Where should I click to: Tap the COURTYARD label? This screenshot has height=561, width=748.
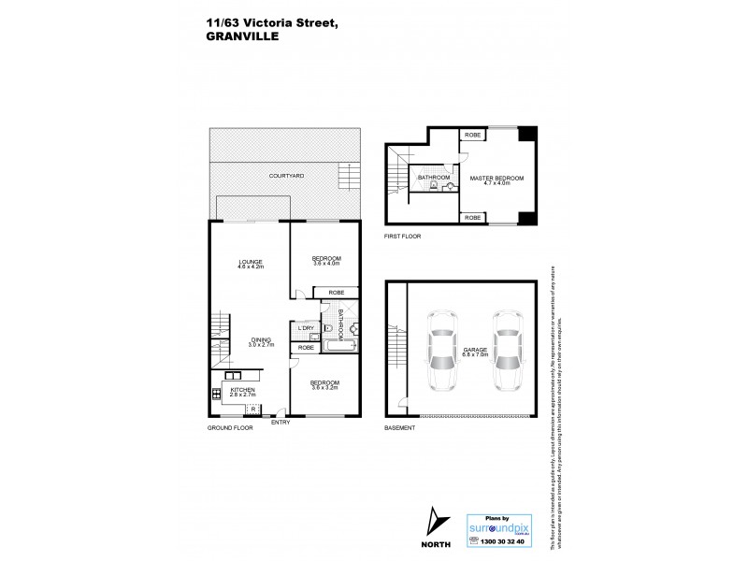pos(286,176)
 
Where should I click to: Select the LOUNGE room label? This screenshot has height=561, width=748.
pos(250,264)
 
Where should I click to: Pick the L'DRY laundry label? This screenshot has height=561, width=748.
pos(305,328)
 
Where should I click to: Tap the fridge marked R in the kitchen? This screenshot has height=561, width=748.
pos(252,410)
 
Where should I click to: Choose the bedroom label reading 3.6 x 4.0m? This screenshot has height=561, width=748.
pos(325,261)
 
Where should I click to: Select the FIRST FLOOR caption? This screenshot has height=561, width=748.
pos(403,237)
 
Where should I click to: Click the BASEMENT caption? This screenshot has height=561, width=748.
pos(399,426)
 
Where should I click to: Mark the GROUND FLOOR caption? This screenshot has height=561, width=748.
pos(231,426)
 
